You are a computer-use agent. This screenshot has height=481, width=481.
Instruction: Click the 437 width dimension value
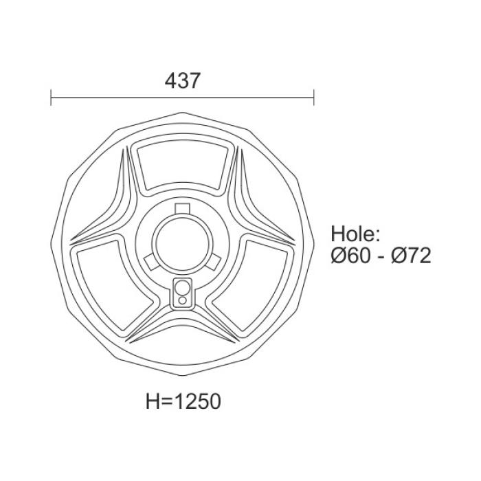[x=183, y=80]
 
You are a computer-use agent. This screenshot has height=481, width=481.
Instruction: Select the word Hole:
[x=356, y=234]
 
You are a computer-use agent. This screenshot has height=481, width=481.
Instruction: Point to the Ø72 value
[x=411, y=256]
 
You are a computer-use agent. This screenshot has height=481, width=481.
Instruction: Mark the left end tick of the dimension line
[x=51, y=98]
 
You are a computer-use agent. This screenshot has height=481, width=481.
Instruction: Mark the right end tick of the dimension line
[x=313, y=98]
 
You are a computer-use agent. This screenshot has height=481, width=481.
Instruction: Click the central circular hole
[x=182, y=243]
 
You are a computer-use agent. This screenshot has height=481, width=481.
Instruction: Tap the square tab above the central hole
[x=183, y=208]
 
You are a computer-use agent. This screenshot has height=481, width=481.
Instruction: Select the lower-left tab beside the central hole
[x=151, y=262]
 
